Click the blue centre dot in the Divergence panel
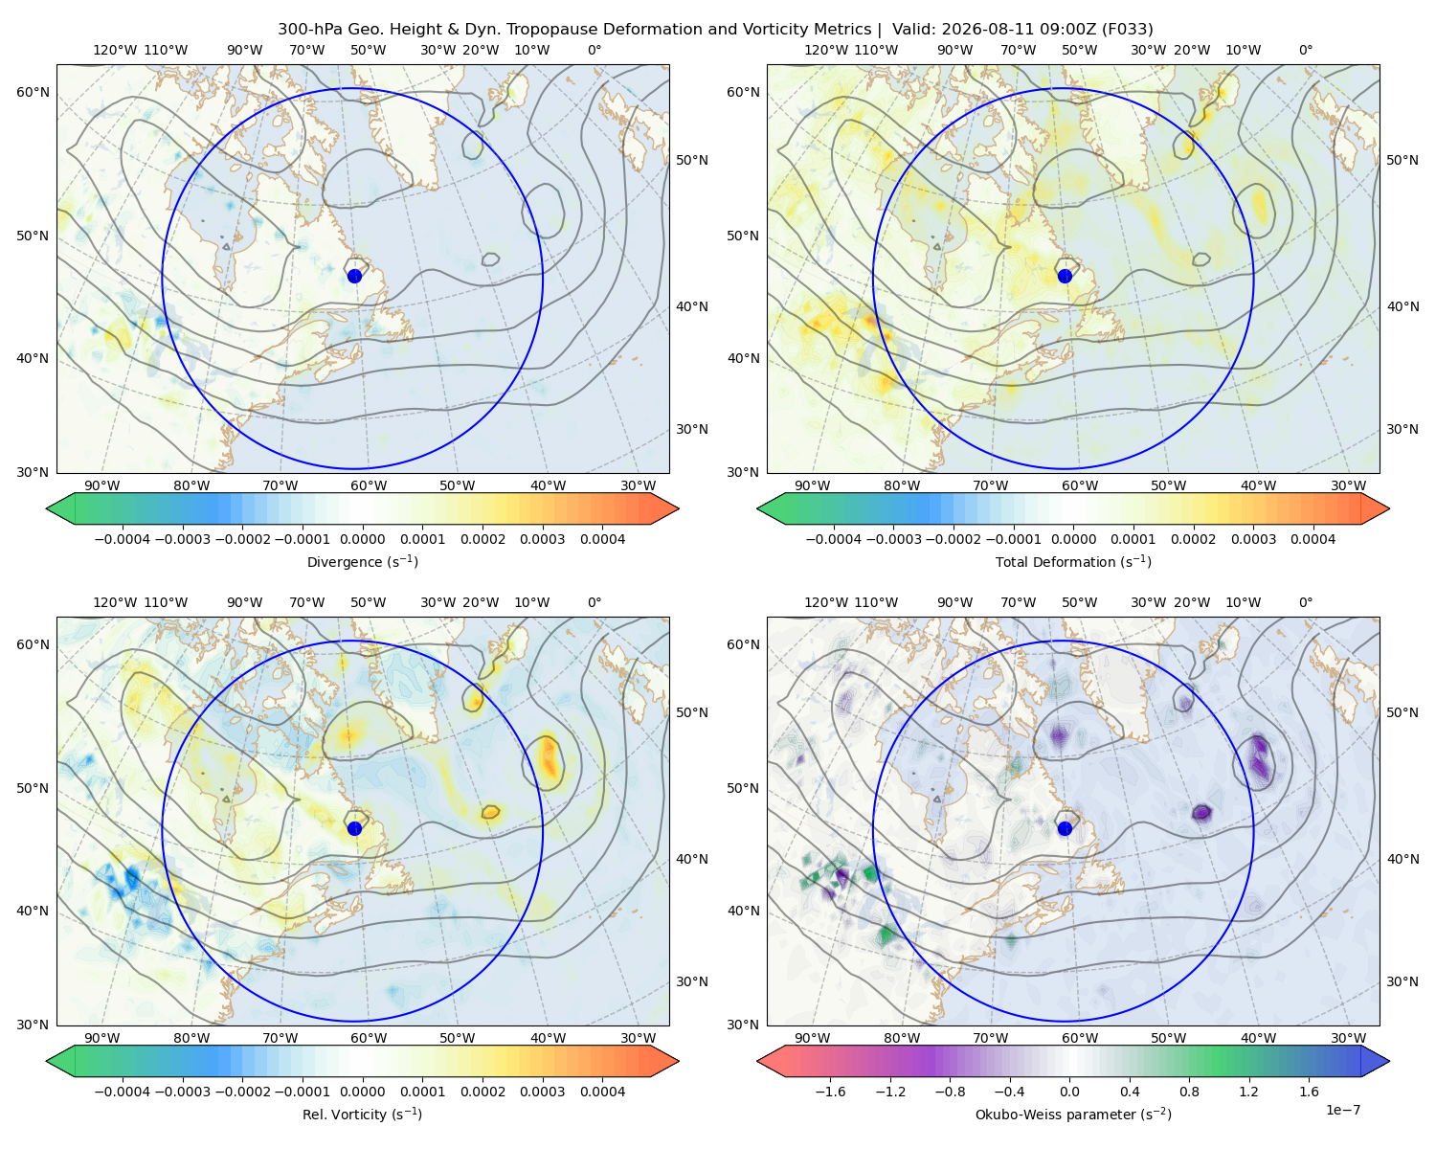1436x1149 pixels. (x=354, y=276)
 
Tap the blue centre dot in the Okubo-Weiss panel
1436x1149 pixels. (x=1065, y=828)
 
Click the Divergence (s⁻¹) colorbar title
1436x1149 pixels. (x=362, y=562)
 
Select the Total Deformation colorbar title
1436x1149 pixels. (x=1073, y=562)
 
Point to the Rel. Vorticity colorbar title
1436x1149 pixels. (x=362, y=1115)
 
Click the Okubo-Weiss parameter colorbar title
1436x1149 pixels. (x=1073, y=1115)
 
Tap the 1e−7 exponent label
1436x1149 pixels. (x=1342, y=1110)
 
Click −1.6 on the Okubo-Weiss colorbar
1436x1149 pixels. (x=830, y=1092)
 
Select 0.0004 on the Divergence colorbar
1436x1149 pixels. (x=602, y=539)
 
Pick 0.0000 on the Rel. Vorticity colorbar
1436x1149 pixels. (x=362, y=1092)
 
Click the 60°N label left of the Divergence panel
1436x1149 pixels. (x=33, y=92)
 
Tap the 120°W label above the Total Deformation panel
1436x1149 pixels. (x=825, y=50)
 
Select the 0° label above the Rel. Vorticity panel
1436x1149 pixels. (x=595, y=602)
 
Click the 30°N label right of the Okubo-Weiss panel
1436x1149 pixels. (x=1402, y=981)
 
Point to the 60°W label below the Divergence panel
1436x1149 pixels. (x=369, y=486)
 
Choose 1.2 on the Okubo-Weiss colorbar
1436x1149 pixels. (x=1248, y=1092)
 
